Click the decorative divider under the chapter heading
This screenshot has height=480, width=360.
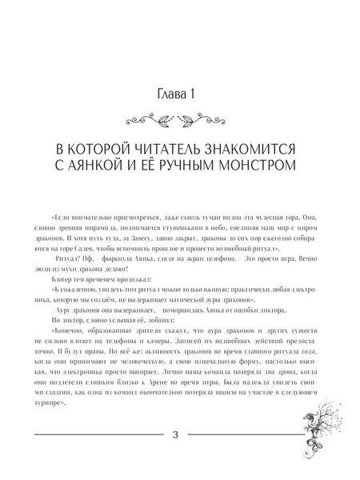pyautogui.click(x=181, y=121)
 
